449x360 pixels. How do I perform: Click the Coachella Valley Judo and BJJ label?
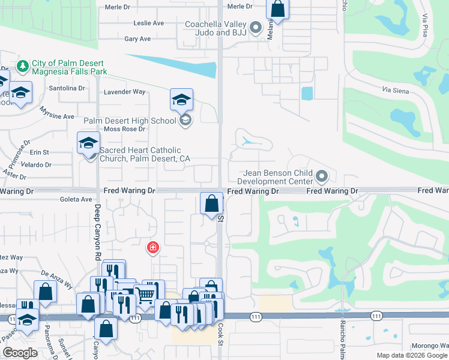217,28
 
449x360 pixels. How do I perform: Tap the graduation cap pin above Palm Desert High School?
181,100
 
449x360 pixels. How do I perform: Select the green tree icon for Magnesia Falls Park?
22,66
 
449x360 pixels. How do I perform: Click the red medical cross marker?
153,247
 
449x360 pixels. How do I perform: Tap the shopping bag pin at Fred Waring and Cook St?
211,203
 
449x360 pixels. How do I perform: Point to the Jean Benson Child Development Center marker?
322,176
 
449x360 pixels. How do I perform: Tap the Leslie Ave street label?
149,23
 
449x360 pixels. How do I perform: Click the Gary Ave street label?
137,39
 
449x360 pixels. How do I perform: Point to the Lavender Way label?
125,92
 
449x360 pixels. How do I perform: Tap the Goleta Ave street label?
76,199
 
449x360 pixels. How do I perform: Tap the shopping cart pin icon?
146,293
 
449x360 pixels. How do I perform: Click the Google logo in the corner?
20,353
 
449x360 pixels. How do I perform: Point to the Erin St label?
39,152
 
